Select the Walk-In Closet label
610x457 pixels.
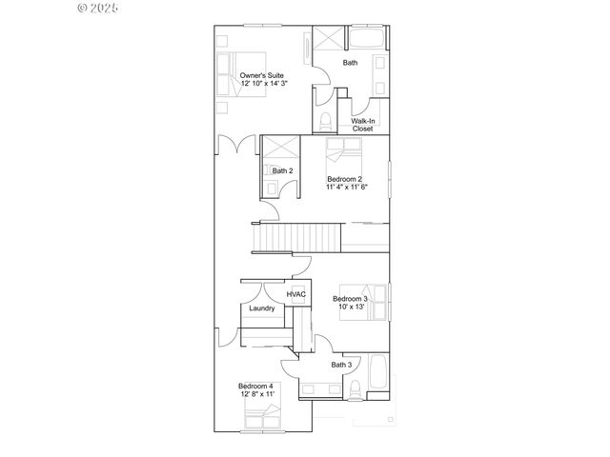[362, 125]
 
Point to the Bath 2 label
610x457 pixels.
[282, 171]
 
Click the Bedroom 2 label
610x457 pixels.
[344, 179]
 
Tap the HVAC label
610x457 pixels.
[295, 296]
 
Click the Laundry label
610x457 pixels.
[262, 308]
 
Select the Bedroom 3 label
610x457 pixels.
[350, 298]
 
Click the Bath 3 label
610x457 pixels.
[342, 365]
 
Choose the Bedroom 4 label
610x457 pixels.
[255, 385]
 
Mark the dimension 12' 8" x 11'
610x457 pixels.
[255, 393]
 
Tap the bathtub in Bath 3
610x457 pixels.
[377, 378]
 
